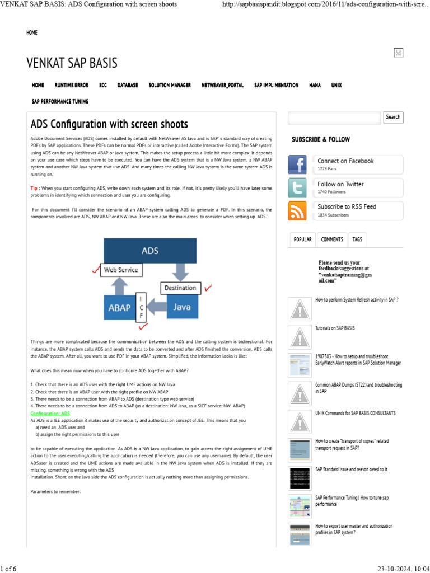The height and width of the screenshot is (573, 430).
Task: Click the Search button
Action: click(393, 117)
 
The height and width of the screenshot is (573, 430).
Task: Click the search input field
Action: click(334, 118)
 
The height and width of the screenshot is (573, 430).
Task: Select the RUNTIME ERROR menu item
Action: click(71, 85)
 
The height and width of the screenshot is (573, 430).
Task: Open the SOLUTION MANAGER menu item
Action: click(170, 85)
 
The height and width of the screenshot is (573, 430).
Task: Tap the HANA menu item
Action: click(315, 85)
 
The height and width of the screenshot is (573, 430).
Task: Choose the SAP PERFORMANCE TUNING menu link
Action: click(60, 101)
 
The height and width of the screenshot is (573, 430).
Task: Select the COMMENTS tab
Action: click(332, 239)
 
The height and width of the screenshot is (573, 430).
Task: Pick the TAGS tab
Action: click(357, 239)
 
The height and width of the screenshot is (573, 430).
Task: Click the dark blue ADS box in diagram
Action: click(149, 251)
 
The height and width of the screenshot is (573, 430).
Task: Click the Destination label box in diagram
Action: click(180, 288)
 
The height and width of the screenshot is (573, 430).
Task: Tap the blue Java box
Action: click(182, 307)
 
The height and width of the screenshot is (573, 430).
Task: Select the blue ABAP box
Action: click(120, 307)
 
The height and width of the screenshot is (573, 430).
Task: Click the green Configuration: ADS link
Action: click(50, 413)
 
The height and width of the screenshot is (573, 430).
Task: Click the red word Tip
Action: click(34, 189)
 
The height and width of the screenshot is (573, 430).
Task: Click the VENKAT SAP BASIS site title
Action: click(72, 63)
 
